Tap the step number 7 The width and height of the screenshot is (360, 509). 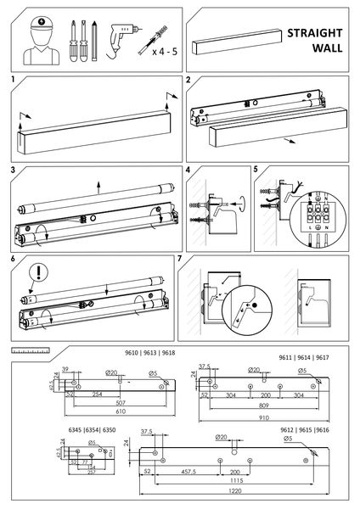tap(180, 257)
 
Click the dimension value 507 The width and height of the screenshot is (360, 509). tap(103, 403)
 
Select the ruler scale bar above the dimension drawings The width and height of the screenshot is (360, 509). tap(31, 349)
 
